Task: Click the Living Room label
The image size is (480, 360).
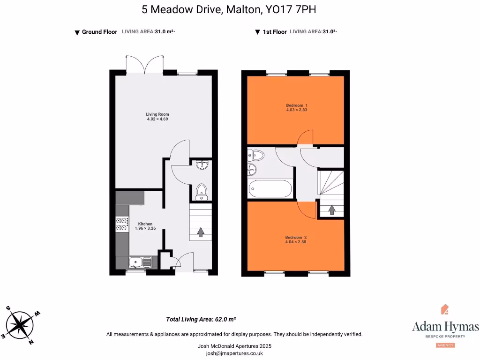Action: point(157,114)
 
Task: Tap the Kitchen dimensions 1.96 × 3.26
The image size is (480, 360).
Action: point(145,228)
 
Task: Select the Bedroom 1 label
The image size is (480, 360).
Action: point(297,105)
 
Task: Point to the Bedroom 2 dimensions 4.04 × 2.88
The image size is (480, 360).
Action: point(296,242)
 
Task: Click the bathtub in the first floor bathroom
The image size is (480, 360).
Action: point(270,189)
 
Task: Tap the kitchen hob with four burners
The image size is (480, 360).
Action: point(122,224)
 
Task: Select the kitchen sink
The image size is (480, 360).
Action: point(140,262)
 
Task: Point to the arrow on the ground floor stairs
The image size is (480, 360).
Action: point(201,232)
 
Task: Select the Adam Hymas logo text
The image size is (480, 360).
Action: point(445,327)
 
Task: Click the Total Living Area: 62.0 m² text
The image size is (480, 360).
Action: point(201,319)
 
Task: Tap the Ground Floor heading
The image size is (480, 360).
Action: point(99,32)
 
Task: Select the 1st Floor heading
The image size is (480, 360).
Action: point(274,32)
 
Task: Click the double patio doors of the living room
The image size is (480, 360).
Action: point(145,65)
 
